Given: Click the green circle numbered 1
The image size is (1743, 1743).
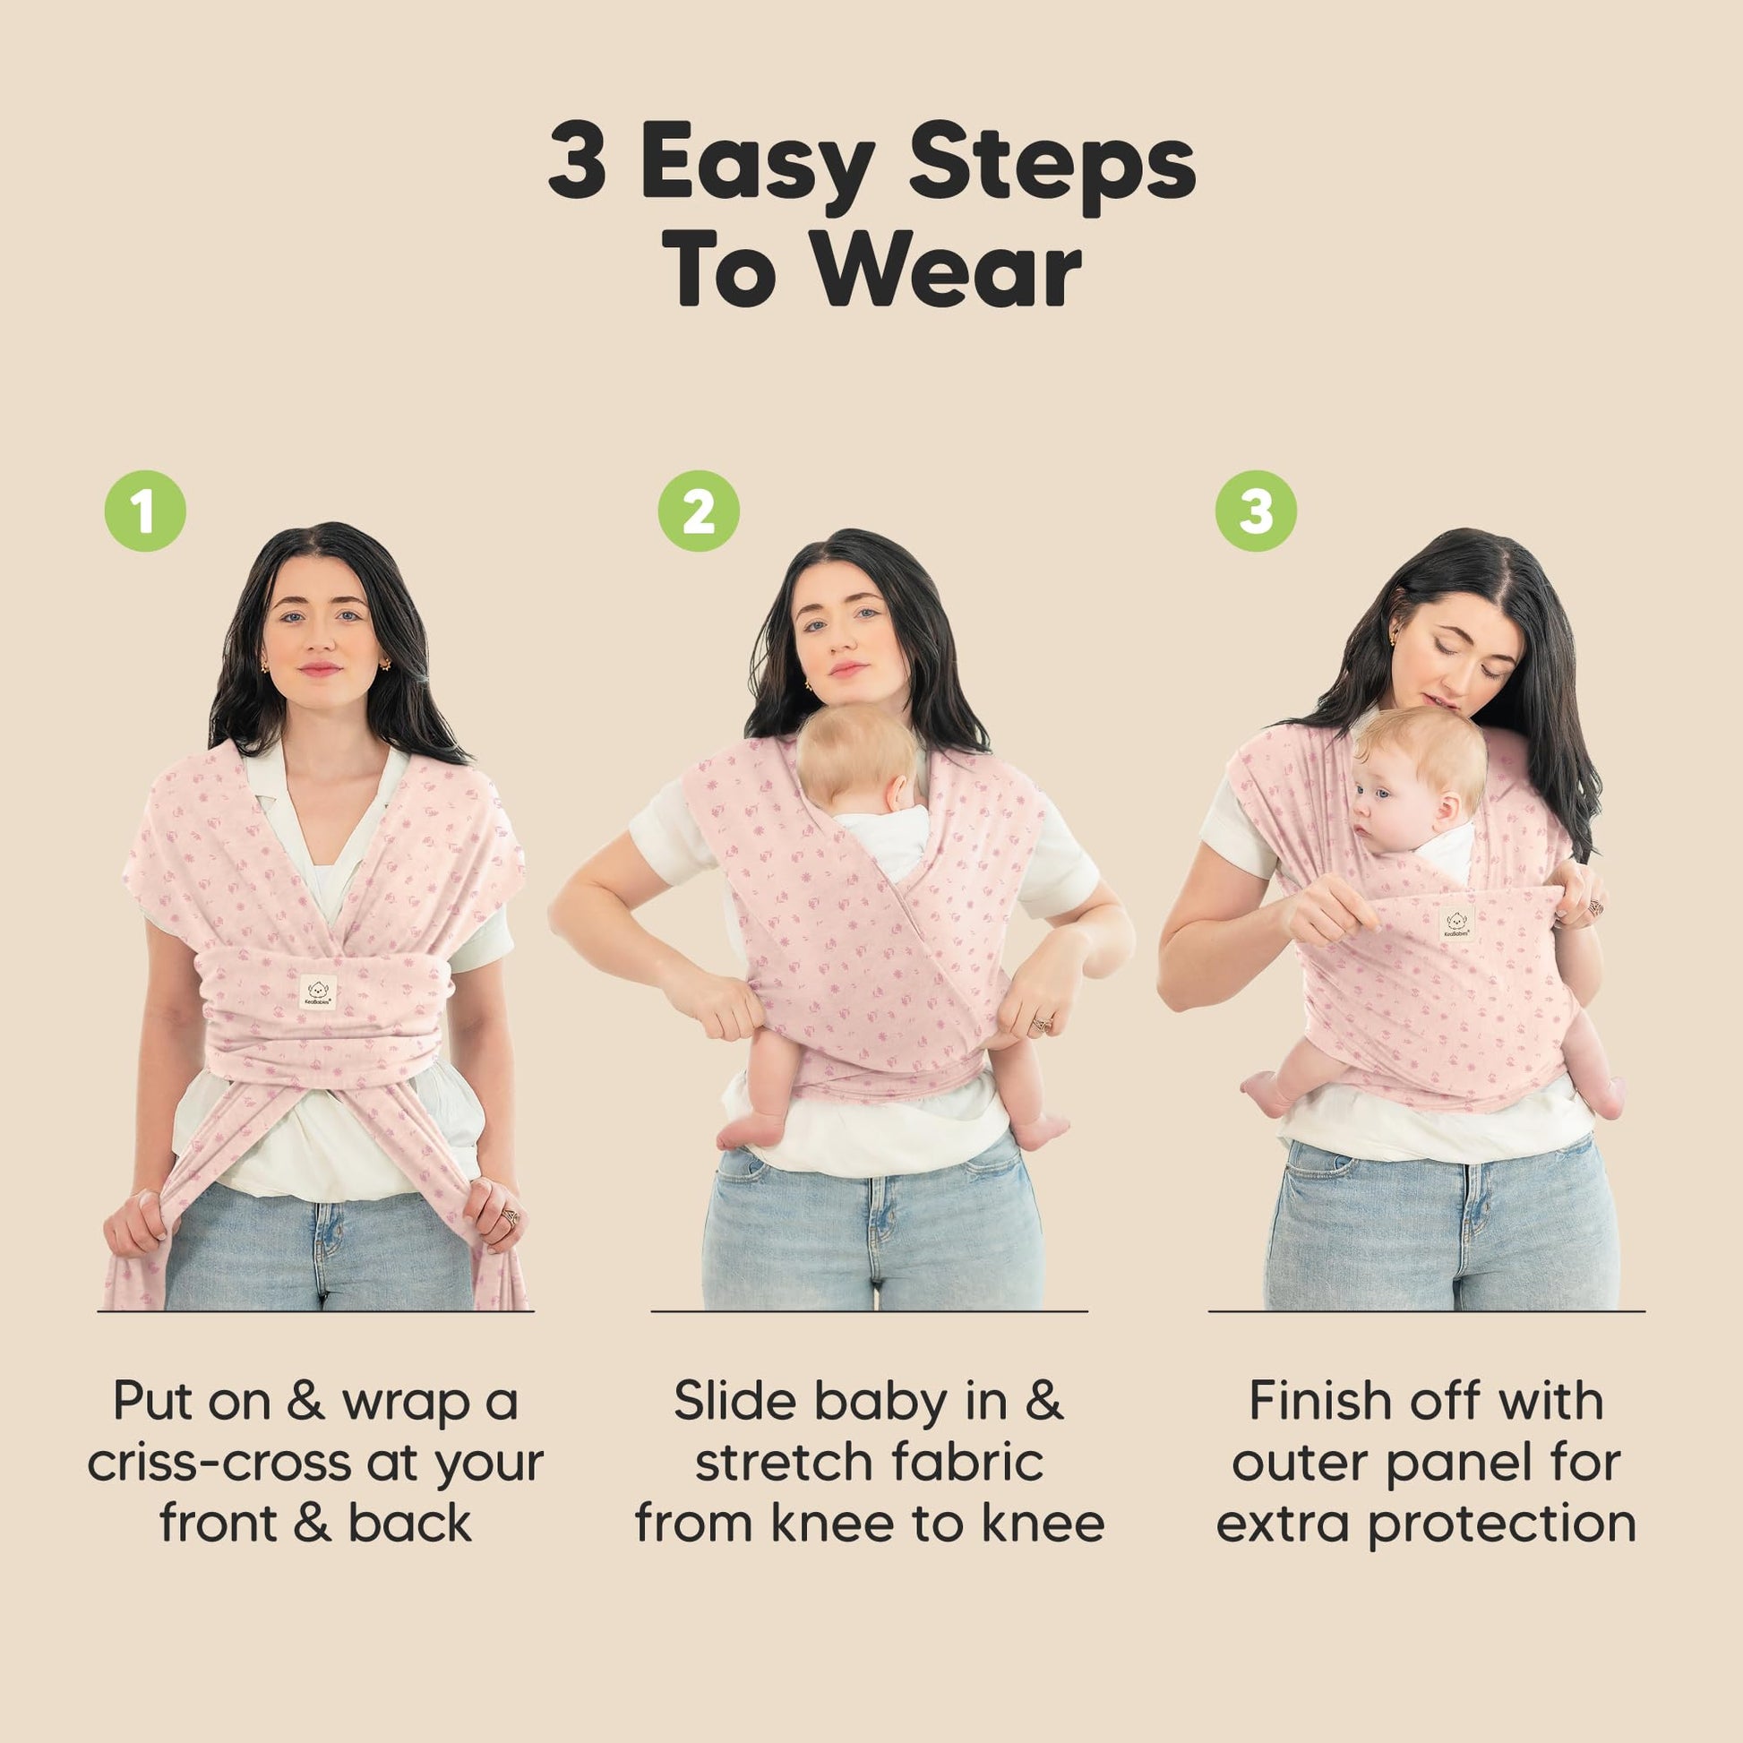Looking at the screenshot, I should [x=145, y=511].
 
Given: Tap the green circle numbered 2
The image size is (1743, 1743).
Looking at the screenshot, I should [x=699, y=511].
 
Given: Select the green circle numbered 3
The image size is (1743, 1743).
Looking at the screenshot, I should [x=1255, y=511].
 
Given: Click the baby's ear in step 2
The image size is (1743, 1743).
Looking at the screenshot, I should [x=898, y=791].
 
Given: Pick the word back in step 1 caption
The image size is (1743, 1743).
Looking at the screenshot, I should [x=409, y=1524].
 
